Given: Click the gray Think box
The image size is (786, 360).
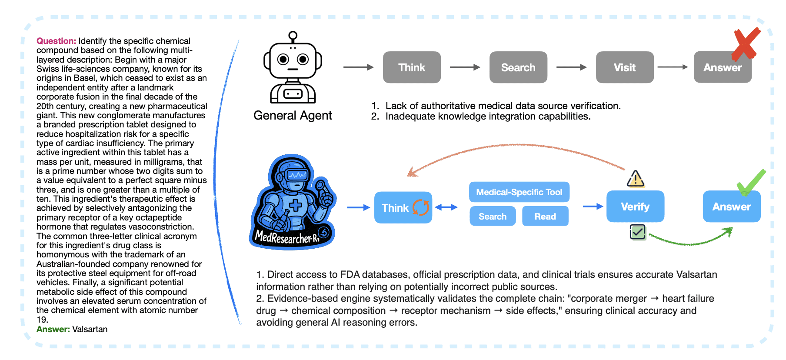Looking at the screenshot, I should tap(412, 67).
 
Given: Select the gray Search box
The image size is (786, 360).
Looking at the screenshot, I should tap(518, 67).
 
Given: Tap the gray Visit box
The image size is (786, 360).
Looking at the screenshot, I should tap(625, 67).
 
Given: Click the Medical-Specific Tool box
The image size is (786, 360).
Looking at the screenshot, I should tap(519, 192).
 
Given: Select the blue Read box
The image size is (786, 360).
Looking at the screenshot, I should tap(545, 216).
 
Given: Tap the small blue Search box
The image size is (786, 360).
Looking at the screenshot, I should tap(493, 216).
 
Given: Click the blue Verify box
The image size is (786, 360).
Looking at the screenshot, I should tap(635, 207).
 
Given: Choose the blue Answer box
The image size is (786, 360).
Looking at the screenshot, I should tap(732, 207).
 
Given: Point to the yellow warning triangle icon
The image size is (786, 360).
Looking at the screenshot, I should tap(636, 179).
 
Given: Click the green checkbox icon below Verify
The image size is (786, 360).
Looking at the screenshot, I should tap(638, 232).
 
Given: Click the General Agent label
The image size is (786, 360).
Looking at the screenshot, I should tap(293, 115).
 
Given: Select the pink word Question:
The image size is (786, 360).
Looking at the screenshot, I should tap(56, 41).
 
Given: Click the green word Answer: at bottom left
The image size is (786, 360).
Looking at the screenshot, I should tap(53, 329).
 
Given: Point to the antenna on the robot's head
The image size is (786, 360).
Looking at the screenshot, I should tap(293, 36).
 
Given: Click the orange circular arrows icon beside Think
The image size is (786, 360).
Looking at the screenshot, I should tap(421, 207).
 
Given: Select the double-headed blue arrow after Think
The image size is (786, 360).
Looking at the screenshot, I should tap(446, 207).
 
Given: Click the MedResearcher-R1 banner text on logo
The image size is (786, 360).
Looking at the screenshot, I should tap(287, 237).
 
